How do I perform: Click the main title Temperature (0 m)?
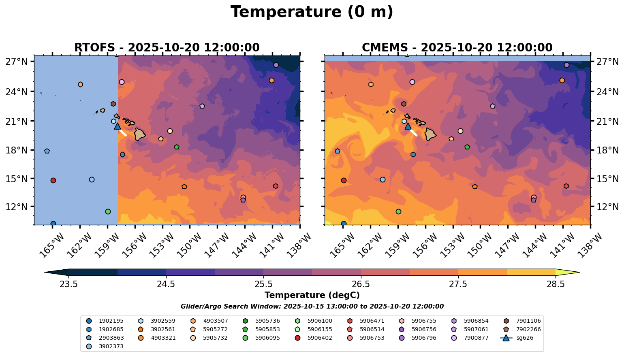[312, 12]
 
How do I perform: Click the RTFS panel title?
[167, 48]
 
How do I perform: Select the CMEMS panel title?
[457, 48]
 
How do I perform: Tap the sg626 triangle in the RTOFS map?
[118, 126]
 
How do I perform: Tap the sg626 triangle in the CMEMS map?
[408, 126]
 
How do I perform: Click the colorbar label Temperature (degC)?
[312, 295]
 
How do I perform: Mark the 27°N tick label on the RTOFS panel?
[17, 62]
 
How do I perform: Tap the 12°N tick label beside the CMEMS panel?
[607, 207]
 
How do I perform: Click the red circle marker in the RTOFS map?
[53, 180]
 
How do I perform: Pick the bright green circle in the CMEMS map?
[398, 211]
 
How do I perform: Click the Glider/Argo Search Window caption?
[312, 307]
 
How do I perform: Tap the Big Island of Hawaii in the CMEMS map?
[430, 134]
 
